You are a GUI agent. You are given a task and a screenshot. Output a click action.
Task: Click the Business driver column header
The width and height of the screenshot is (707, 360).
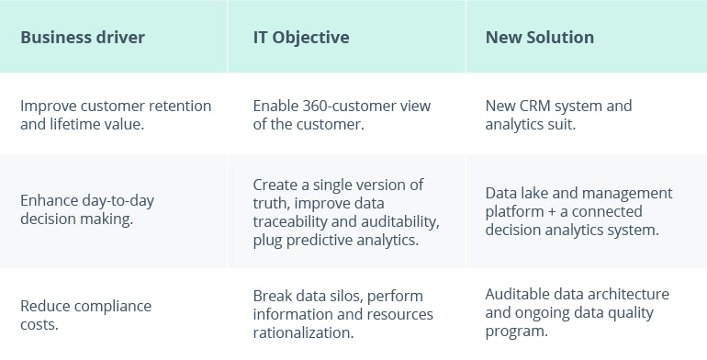pos(83,38)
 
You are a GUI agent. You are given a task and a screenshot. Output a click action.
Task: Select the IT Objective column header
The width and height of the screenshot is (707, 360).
pos(301,38)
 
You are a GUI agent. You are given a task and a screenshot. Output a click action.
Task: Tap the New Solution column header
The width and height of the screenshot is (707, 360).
pos(540,38)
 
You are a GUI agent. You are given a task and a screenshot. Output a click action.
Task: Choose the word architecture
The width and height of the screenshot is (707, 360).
pos(629,294)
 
